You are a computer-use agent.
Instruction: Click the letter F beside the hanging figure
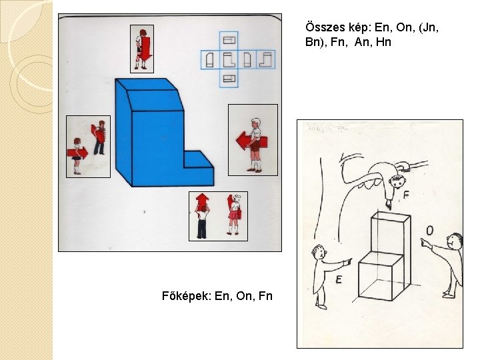(x=406, y=195)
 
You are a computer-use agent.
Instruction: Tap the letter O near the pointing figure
(x=430, y=231)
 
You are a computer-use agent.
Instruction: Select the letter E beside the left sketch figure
(x=338, y=279)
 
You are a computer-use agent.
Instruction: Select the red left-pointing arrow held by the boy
(x=251, y=141)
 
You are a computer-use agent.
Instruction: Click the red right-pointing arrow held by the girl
(x=77, y=153)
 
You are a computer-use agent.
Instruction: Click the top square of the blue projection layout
(x=229, y=41)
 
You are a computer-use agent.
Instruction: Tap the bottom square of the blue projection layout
(x=229, y=79)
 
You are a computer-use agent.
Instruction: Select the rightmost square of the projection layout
(x=266, y=60)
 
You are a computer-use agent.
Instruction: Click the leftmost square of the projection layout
(x=210, y=60)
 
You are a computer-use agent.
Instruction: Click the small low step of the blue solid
(x=199, y=168)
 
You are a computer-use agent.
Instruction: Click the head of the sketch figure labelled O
(x=455, y=241)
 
